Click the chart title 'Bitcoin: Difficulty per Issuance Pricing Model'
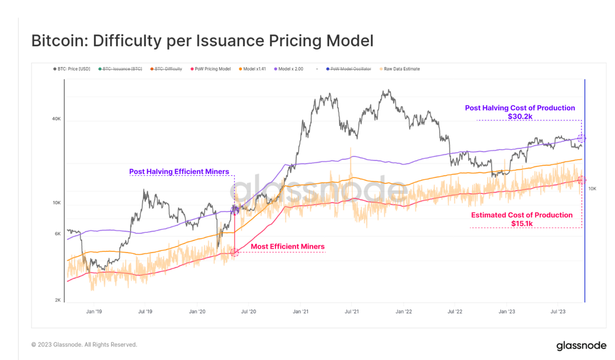click(x=202, y=41)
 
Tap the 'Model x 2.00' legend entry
click(x=291, y=69)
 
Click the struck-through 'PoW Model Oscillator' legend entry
click(x=351, y=69)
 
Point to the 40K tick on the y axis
click(x=56, y=119)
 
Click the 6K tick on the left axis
click(x=57, y=234)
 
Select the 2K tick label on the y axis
click(x=57, y=300)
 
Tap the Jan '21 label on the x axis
click(x=300, y=311)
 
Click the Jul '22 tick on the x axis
click(x=455, y=311)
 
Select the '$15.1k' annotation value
click(x=521, y=223)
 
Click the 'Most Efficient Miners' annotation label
click(x=287, y=246)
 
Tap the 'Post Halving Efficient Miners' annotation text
click(x=179, y=172)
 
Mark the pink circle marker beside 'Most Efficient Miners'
click(x=234, y=252)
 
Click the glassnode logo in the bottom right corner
click(x=581, y=345)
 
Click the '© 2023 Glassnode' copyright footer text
click(x=84, y=344)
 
